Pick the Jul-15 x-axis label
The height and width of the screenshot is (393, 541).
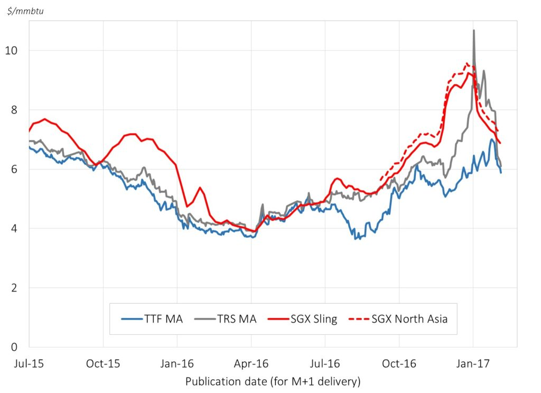point(29,364)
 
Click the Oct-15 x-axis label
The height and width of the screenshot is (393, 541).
point(102,364)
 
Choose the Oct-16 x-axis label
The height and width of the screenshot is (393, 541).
point(399,364)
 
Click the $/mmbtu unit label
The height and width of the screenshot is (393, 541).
point(25,11)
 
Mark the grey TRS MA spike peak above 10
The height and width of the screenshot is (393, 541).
point(473,31)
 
